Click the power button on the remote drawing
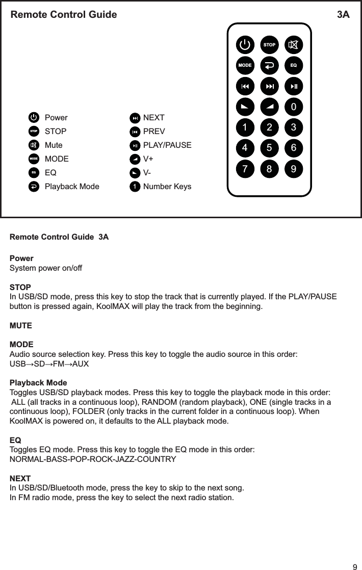tap(245, 45)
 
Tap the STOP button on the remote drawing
tap(269, 45)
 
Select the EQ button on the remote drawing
tap(293, 66)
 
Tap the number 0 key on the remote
tap(293, 107)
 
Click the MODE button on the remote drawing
tap(245, 66)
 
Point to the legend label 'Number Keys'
tap(167, 187)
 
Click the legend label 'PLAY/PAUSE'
tap(167, 145)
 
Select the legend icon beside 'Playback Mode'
tap(34, 187)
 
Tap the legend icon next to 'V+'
tap(134, 159)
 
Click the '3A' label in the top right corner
tap(343, 15)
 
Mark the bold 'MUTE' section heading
tap(21, 325)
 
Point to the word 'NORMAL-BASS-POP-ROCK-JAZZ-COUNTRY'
tap(93, 459)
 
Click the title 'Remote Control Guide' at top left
tap(64, 15)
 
